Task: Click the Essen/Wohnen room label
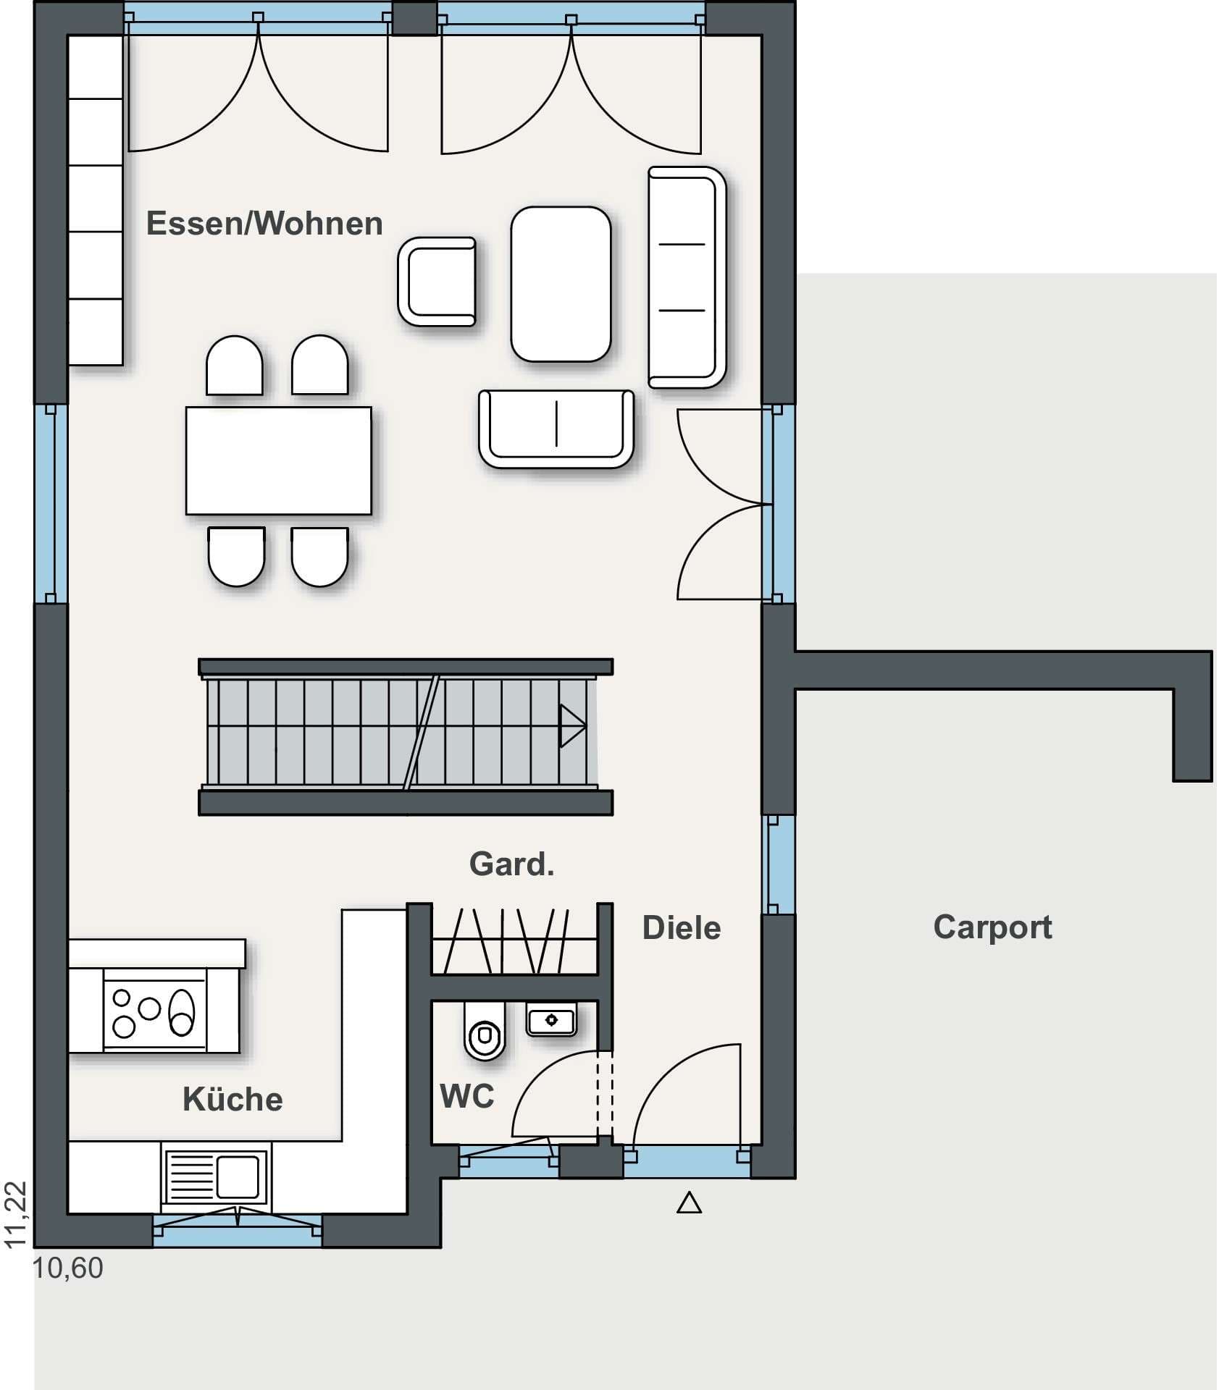click(264, 224)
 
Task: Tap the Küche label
click(233, 1099)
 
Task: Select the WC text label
click(467, 1096)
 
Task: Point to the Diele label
click(682, 928)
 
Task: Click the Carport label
click(992, 927)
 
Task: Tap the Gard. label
click(512, 864)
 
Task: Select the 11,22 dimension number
click(16, 1216)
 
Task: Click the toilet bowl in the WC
click(484, 1031)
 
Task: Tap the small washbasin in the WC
click(551, 1019)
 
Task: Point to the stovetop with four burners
click(155, 1010)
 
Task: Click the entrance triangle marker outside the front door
click(689, 1202)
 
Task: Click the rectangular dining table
click(279, 460)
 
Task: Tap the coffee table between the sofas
click(561, 284)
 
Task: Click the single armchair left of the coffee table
click(437, 281)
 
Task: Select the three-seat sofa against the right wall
click(687, 277)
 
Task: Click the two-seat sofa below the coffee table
click(556, 429)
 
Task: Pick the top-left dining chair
click(234, 366)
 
